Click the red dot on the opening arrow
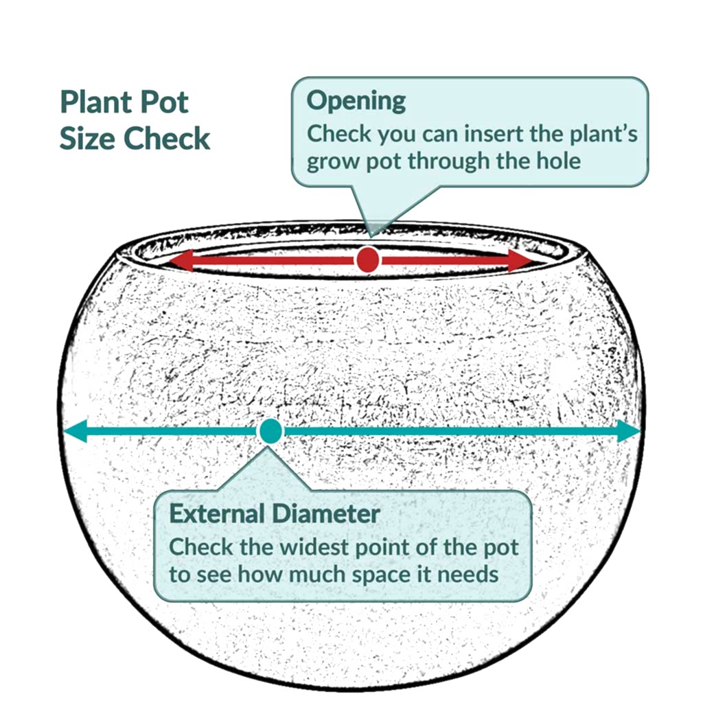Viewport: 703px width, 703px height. coord(368,260)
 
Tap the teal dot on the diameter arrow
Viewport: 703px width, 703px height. coord(270,431)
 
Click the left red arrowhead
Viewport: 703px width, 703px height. coord(181,260)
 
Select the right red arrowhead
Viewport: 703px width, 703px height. coord(520,260)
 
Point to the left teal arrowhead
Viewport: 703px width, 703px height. coord(75,431)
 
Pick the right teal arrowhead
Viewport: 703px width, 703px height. coord(629,431)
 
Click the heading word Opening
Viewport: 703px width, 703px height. coord(356,102)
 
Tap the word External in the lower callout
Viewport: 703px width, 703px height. coord(217,514)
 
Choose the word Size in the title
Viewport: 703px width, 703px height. coord(88,138)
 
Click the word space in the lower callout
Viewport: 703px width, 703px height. coord(381,575)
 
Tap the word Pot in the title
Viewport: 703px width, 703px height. coord(164,102)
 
